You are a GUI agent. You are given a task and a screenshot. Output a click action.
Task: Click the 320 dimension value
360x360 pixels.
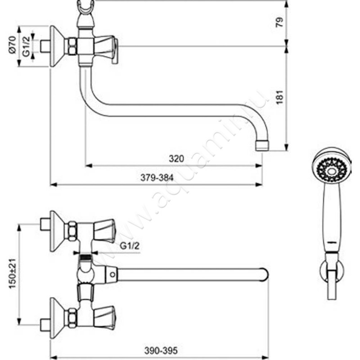(x=176, y=159)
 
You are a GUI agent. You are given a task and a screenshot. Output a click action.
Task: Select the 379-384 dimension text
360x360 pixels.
(x=157, y=177)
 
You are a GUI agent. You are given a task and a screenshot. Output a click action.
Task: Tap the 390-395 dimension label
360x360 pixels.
(x=161, y=351)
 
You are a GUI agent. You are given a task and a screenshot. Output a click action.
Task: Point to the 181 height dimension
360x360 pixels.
(x=279, y=97)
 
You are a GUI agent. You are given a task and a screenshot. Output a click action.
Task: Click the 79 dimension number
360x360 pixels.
(x=279, y=22)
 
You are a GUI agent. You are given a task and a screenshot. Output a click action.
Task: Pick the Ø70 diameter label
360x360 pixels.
(x=12, y=45)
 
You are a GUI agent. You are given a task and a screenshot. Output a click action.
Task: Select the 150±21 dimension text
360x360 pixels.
(x=13, y=274)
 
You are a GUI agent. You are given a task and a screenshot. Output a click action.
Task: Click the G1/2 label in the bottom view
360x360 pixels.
(x=130, y=246)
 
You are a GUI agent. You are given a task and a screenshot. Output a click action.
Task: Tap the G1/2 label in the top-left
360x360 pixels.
(x=26, y=46)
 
